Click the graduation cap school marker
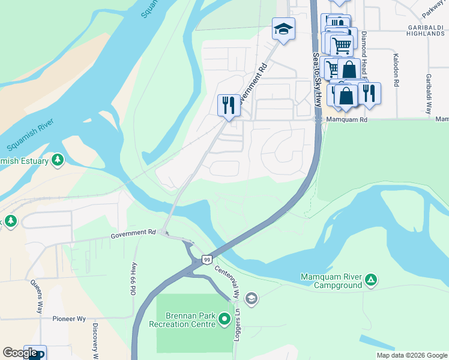[x=283, y=28]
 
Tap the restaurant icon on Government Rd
[x=228, y=105]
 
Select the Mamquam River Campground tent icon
[x=372, y=279]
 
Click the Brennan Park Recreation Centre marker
[x=224, y=319]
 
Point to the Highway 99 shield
[x=206, y=259]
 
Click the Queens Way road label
[x=38, y=299]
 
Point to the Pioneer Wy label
[x=68, y=319]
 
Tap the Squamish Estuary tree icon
[x=57, y=160]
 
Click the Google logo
[x=20, y=353]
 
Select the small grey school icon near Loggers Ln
[x=252, y=298]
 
